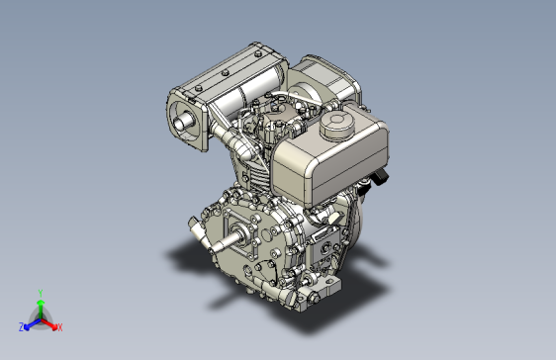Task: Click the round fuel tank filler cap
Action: (337, 124)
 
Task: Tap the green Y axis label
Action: (41, 293)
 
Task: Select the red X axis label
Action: (60, 327)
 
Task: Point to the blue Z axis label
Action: (22, 327)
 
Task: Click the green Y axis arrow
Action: (41, 309)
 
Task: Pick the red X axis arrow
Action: (49, 323)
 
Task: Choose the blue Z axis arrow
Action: (33, 324)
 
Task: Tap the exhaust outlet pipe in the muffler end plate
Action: (183, 122)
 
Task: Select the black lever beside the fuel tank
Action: (381, 176)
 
